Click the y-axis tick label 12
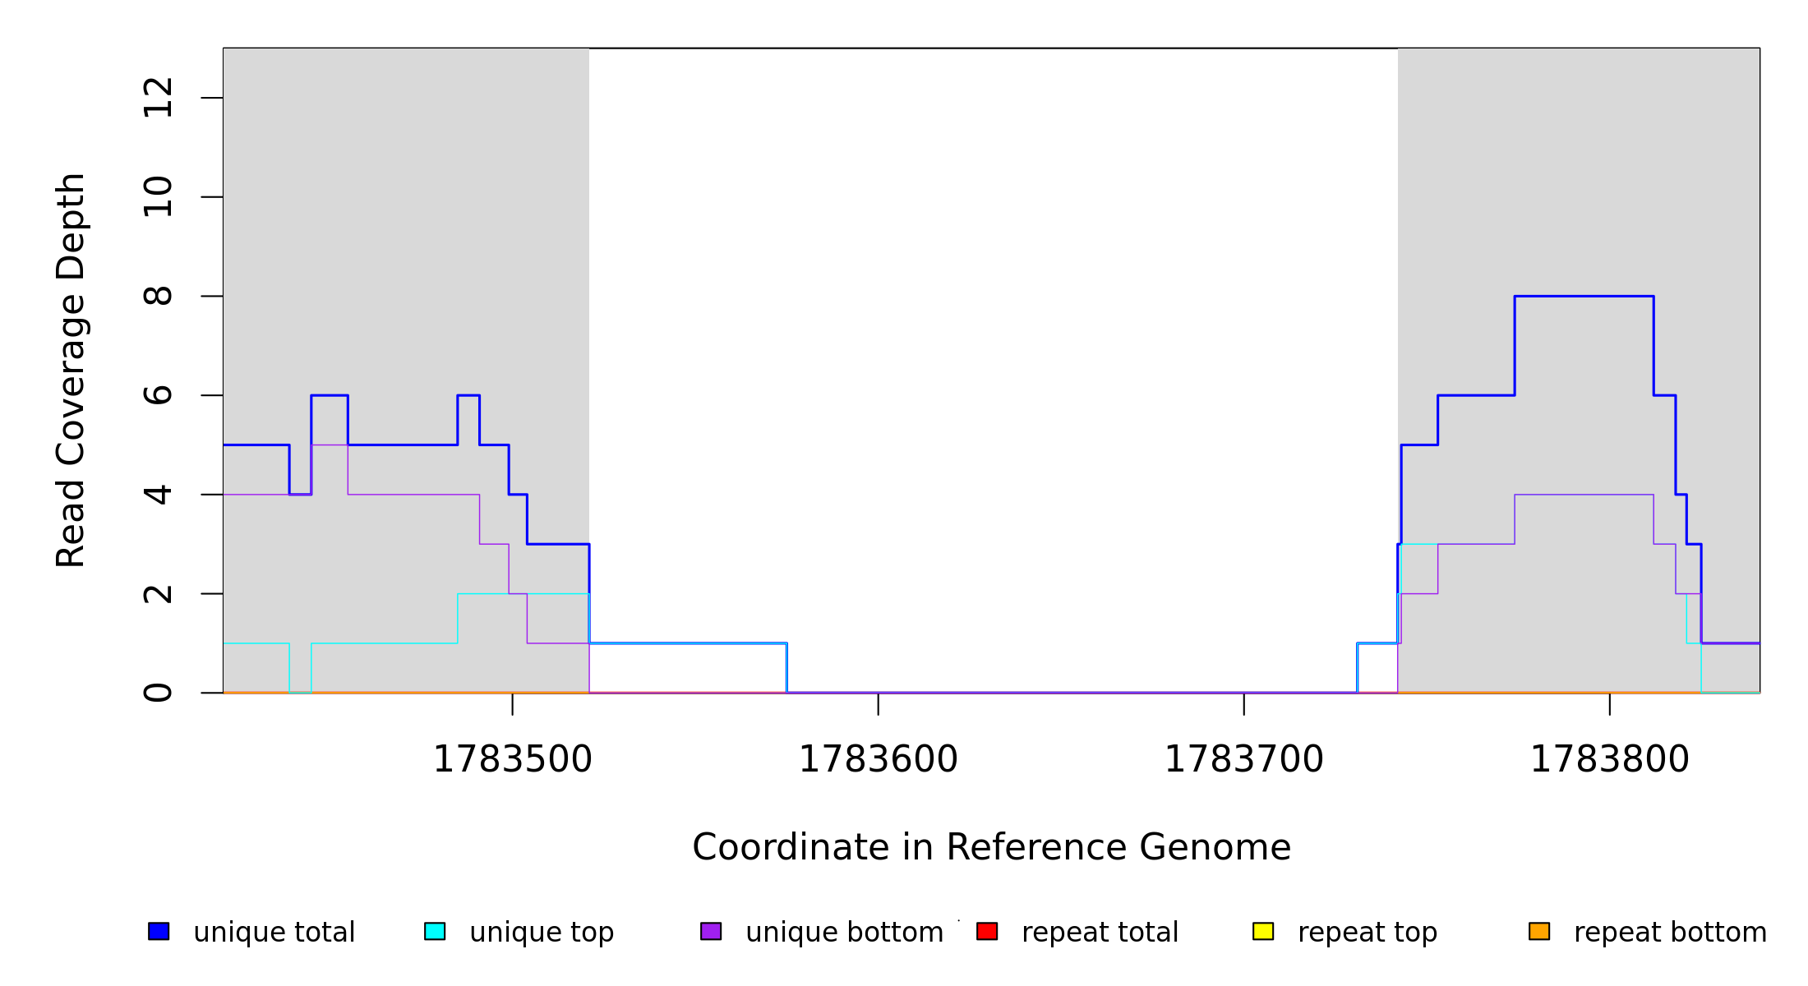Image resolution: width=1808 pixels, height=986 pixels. [x=158, y=98]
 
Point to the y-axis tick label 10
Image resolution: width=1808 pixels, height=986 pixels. [x=158, y=197]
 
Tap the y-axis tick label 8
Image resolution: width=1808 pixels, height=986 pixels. [x=158, y=296]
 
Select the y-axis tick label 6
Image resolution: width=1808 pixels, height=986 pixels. [x=158, y=395]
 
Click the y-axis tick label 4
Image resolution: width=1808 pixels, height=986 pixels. [x=158, y=495]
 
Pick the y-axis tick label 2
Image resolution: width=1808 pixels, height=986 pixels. [x=158, y=593]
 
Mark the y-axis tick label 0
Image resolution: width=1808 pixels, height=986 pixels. [x=158, y=693]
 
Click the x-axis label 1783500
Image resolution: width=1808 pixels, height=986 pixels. [x=512, y=760]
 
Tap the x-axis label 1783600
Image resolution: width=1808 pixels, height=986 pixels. [x=878, y=760]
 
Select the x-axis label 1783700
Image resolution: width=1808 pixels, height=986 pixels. [x=1243, y=760]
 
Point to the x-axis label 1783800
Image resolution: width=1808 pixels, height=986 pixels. [x=1609, y=760]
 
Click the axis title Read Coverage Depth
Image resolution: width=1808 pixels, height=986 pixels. [x=71, y=370]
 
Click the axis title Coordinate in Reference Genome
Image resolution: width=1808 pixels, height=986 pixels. [x=991, y=848]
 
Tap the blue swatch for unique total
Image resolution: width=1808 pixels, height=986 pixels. [x=159, y=932]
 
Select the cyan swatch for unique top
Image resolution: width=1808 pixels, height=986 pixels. [x=435, y=932]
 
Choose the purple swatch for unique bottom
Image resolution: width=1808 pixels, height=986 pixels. [x=711, y=932]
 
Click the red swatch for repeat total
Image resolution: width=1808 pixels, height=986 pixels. [x=987, y=932]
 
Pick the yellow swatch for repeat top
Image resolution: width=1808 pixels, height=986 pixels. [x=1263, y=932]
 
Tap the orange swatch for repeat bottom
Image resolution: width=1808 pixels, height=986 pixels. [x=1539, y=932]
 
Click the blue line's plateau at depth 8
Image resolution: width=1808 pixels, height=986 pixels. [x=1584, y=296]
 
